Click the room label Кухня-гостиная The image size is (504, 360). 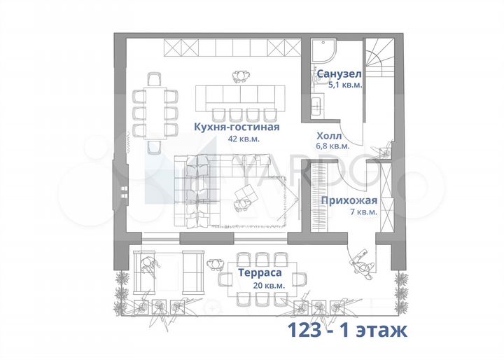coord(237,127)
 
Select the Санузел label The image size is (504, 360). coord(339,74)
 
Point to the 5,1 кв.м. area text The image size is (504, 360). coord(345,85)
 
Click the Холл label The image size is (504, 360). coord(329,136)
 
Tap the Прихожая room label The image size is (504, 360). coord(349,200)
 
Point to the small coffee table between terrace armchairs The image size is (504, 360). coord(171,271)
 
